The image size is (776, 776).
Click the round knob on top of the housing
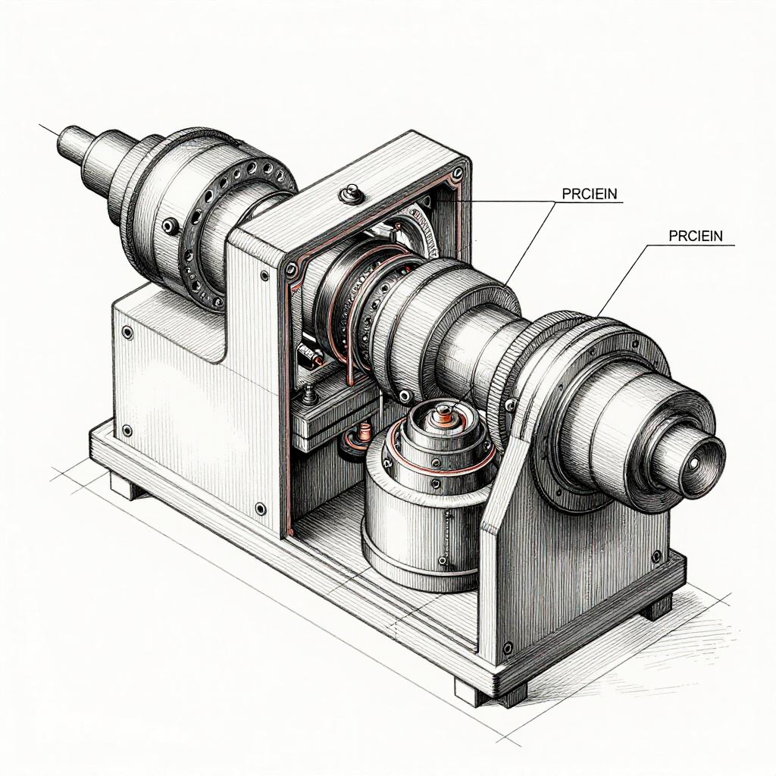click(352, 193)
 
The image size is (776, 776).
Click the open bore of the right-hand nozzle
click(694, 463)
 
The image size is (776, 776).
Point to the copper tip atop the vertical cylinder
click(444, 413)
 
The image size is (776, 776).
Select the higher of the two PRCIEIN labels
click(590, 193)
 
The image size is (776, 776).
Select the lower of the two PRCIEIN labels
click(696, 236)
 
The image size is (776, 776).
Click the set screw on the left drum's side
click(171, 226)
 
